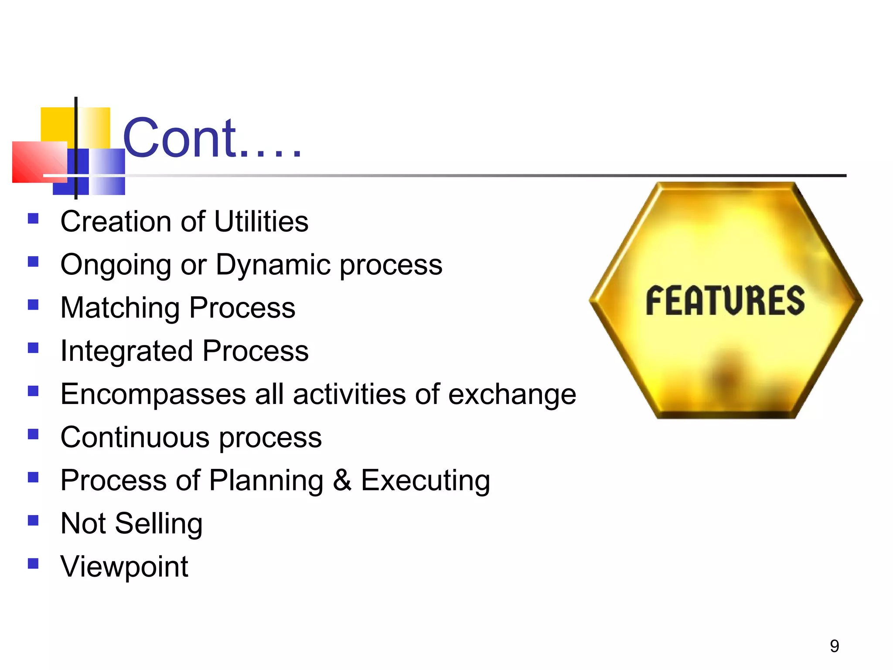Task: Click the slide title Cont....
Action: pos(212,139)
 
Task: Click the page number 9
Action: pos(834,646)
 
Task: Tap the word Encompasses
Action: pos(153,394)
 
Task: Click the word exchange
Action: pos(512,394)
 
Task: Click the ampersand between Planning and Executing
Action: pos(342,480)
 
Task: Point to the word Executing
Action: pos(425,480)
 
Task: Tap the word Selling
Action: pos(158,523)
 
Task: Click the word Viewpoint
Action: pos(124,566)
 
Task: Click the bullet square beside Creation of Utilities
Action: pos(33,218)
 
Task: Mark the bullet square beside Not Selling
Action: pos(33,520)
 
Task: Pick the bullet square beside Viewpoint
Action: pos(33,564)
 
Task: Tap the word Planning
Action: pos(266,480)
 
